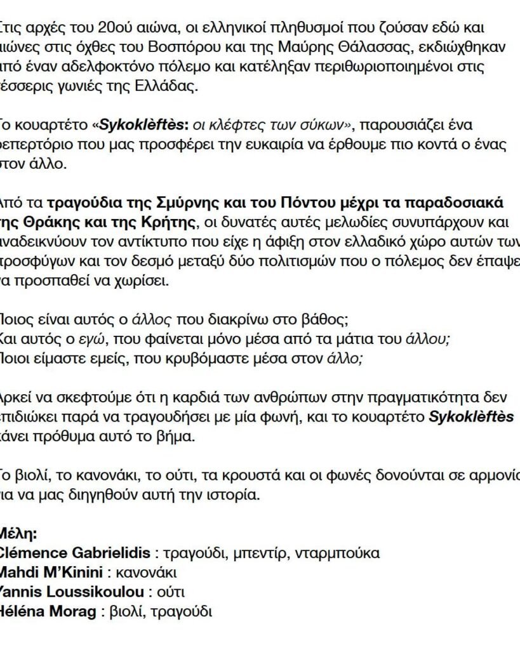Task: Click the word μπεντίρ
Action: point(254,553)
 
